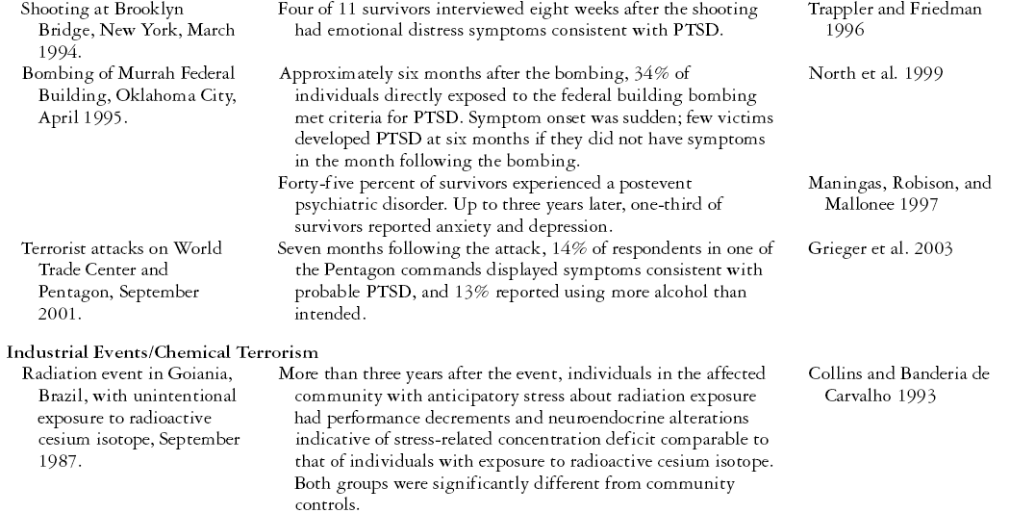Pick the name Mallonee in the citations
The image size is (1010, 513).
click(x=860, y=205)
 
